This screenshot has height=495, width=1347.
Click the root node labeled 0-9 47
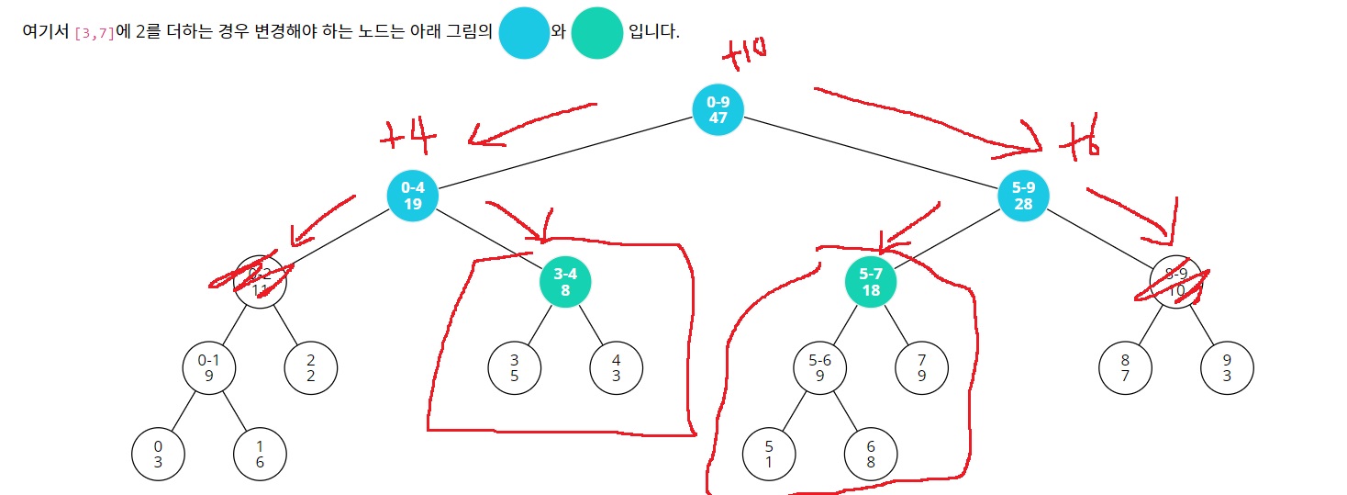718,108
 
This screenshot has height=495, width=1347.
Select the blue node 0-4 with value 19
412,195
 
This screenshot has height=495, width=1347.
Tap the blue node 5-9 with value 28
1023,195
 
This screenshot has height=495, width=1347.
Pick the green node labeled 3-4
565,282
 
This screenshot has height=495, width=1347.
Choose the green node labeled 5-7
871,282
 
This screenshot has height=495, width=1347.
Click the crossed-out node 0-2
260,282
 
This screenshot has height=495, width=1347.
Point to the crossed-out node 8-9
1176,282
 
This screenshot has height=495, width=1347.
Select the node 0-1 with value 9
209,368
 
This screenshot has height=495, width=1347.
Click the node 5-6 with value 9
819,368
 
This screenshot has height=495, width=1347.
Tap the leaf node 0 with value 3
158,455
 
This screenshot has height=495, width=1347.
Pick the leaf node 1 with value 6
260,455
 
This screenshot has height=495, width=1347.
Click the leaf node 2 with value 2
311,368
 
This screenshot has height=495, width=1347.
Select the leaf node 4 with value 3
616,368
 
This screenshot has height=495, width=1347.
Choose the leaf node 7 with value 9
921,368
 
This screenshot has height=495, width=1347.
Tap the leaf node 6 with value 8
871,455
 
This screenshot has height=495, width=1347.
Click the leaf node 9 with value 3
1227,368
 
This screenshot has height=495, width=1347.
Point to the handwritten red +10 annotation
745,55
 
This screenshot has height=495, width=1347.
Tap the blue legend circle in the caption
524,33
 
